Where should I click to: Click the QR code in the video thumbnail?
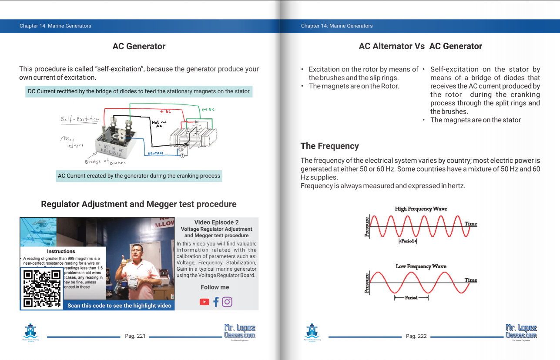point(42,288)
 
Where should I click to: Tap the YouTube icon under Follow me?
point(204,302)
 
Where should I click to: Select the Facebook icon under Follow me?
point(216,302)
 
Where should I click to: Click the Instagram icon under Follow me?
point(227,302)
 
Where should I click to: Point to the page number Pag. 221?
point(135,336)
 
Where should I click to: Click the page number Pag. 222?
point(416,336)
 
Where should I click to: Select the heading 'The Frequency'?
point(329,146)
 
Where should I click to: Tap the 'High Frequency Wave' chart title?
point(421,209)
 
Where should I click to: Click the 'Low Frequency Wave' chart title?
point(421,266)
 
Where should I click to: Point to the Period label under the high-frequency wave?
point(408,241)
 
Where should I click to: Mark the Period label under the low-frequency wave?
point(411,298)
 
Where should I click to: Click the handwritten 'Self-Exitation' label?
point(80,119)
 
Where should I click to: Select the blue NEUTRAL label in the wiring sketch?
point(156,154)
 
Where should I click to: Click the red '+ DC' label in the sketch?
point(165,112)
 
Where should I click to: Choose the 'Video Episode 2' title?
point(216,222)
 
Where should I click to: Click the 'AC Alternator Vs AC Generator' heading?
point(420,46)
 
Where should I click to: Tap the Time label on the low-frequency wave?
point(470,280)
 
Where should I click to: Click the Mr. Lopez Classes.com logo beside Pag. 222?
point(521,331)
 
